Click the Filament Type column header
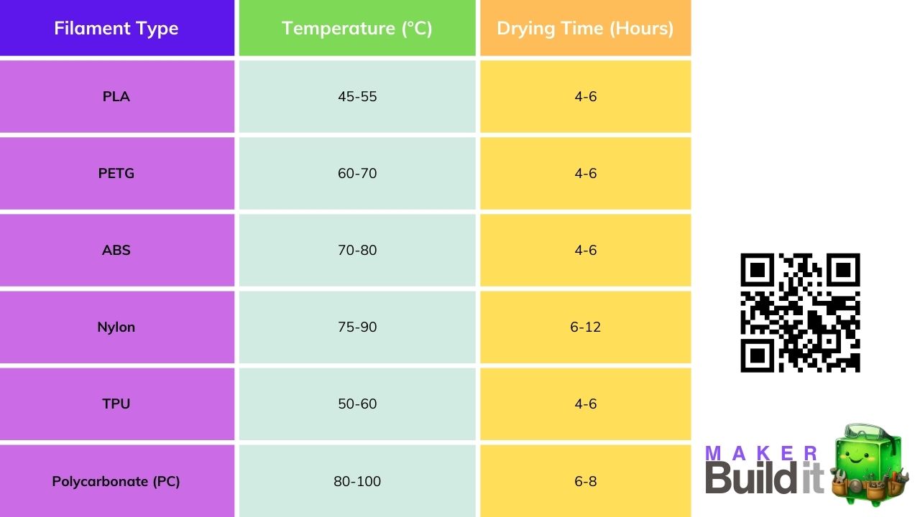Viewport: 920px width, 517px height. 116,29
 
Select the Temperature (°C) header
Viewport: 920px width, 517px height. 357,29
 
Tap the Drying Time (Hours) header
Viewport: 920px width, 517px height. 585,29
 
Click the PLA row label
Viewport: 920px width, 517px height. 116,96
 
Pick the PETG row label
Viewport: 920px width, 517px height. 116,173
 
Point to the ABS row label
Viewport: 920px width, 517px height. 116,250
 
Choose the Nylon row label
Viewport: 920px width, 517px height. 116,327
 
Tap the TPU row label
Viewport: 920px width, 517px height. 116,404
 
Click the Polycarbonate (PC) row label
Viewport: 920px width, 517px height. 116,481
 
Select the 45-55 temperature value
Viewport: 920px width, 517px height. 357,96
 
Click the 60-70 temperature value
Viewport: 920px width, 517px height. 357,173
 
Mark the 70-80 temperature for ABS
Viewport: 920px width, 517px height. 357,250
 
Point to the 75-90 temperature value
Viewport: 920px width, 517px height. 357,327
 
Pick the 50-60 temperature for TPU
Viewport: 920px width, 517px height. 357,404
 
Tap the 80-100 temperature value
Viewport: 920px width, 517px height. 357,481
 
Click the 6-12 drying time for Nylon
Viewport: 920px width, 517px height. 585,327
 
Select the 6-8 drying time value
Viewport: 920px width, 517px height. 585,481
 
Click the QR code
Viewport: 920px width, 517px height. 800,312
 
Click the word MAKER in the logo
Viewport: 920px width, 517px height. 763,454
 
